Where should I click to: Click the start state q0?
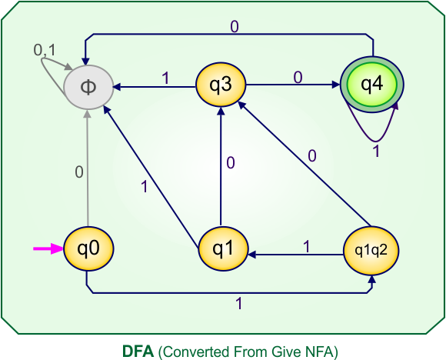click(88, 248)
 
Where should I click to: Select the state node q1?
click(221, 248)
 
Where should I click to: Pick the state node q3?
click(221, 85)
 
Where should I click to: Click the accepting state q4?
click(372, 85)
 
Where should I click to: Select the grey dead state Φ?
click(88, 85)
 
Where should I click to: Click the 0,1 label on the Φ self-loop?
click(45, 51)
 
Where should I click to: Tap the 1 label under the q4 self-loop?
click(376, 152)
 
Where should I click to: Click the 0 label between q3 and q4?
click(298, 75)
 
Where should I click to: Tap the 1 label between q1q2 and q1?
click(306, 248)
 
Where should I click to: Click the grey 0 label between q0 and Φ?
click(78, 172)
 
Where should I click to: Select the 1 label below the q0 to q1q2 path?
click(238, 304)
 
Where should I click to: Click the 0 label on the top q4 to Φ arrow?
click(234, 26)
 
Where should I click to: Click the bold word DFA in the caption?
click(138, 350)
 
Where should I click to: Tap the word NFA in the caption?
click(321, 350)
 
